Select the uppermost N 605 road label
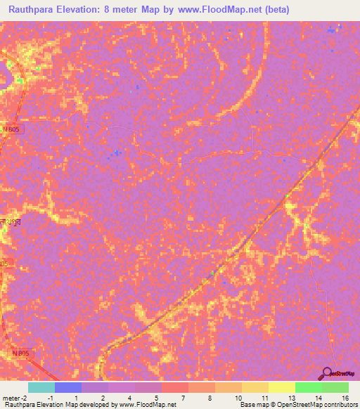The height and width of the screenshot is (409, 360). pos(11,129)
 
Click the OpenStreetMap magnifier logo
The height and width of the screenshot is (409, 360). pos(328,374)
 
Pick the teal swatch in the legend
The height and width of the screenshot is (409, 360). pos(41,387)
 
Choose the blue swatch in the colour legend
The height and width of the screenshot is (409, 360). pos(68,387)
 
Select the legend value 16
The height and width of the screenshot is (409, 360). pos(345,397)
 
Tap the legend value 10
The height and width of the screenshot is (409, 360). pos(238,397)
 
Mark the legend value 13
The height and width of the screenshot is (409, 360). pos(290,397)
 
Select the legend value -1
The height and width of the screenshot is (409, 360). pos(50,397)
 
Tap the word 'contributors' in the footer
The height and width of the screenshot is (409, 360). pos(339,405)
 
